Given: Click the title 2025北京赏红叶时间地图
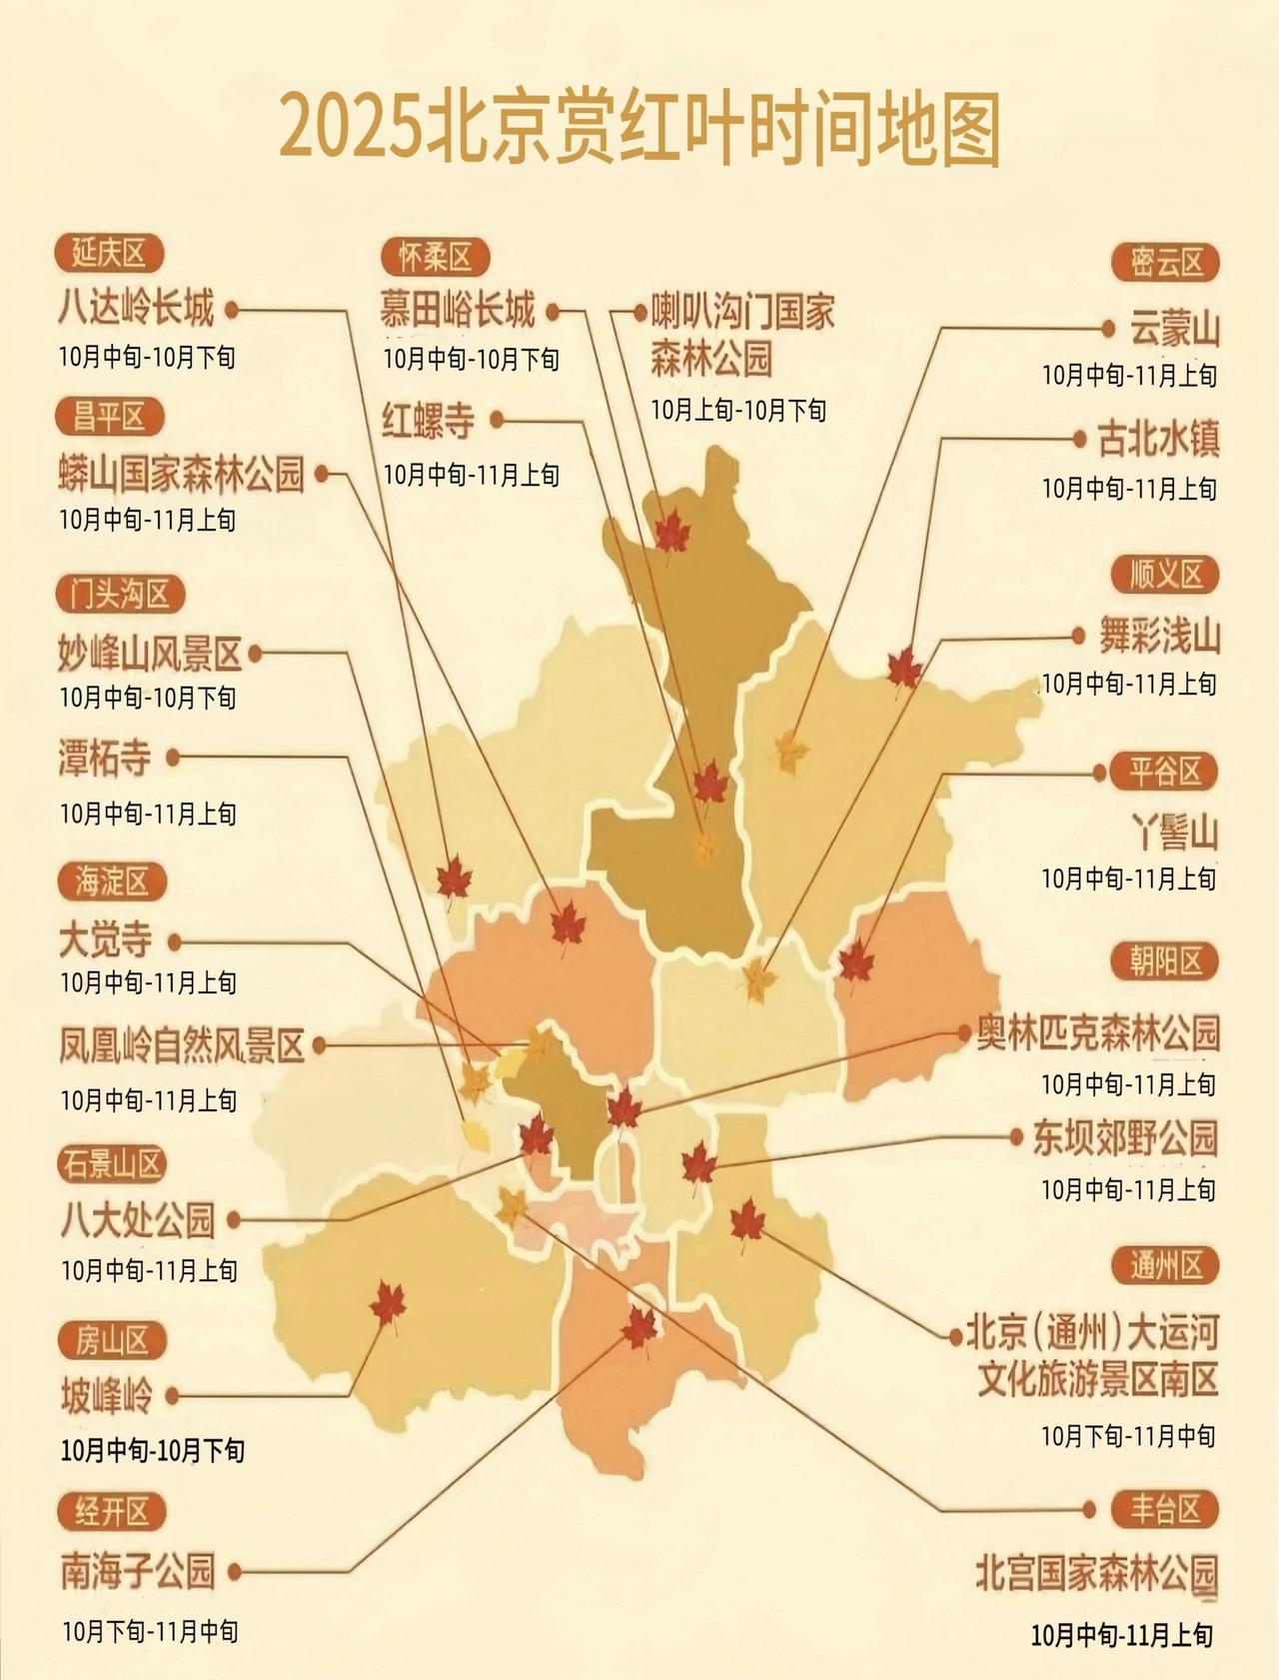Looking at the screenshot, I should (x=639, y=128).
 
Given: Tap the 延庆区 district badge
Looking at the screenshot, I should (x=108, y=254).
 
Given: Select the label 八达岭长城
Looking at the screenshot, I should (x=136, y=308).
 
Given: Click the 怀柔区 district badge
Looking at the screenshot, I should (x=436, y=258).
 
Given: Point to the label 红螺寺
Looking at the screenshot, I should (x=429, y=422).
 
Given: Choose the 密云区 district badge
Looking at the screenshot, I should (x=1166, y=263).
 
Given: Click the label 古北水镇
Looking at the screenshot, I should (x=1158, y=439).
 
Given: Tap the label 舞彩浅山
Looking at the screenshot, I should (x=1159, y=636).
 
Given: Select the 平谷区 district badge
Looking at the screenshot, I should (x=1165, y=772).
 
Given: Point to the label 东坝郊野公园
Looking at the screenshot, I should (x=1125, y=1138).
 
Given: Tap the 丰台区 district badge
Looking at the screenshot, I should (x=1165, y=1509).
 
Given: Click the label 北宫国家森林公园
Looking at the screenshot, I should (x=1096, y=1573).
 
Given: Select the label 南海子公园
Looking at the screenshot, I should (x=138, y=1571).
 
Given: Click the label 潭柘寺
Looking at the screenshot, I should (x=105, y=759).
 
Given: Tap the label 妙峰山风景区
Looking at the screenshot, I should (x=151, y=655).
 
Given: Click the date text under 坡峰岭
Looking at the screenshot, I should (x=152, y=1450).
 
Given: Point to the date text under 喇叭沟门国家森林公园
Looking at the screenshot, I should (x=738, y=410).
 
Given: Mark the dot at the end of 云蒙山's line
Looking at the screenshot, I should (x=1107, y=328).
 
